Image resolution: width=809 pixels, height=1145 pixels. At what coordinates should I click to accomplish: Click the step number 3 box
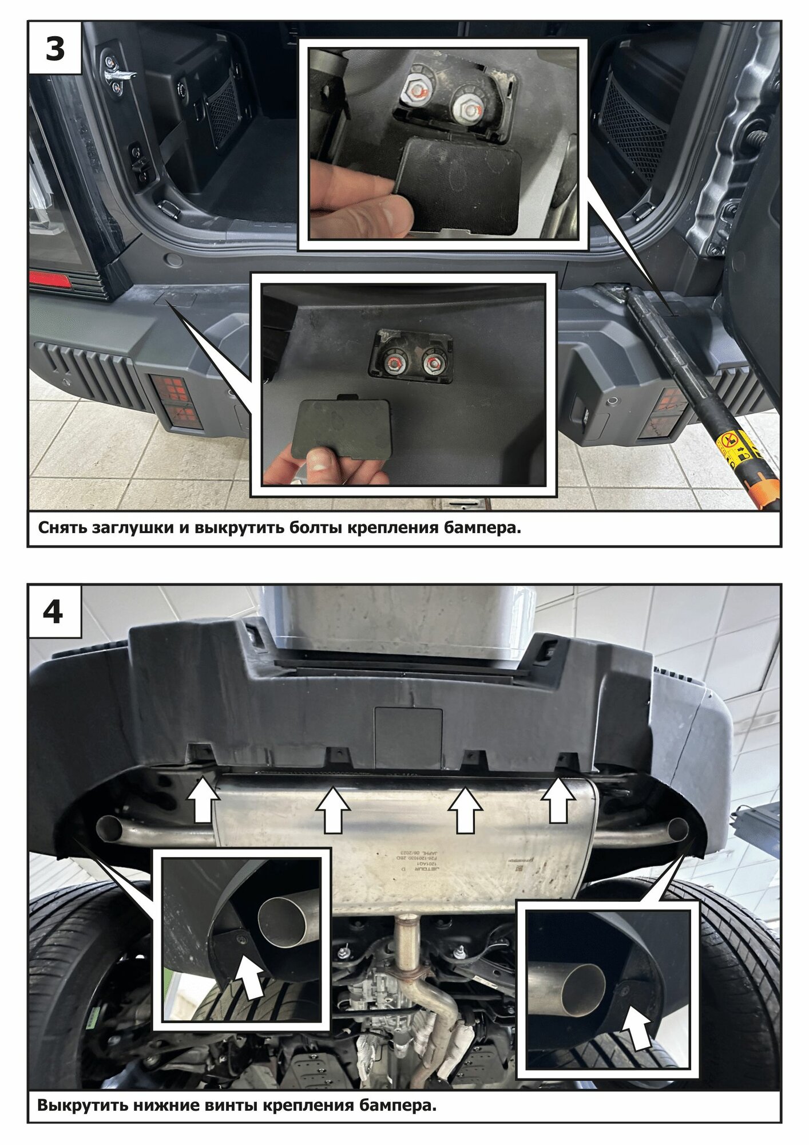point(55,48)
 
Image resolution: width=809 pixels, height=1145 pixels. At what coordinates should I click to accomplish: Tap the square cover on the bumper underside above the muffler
point(408,737)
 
